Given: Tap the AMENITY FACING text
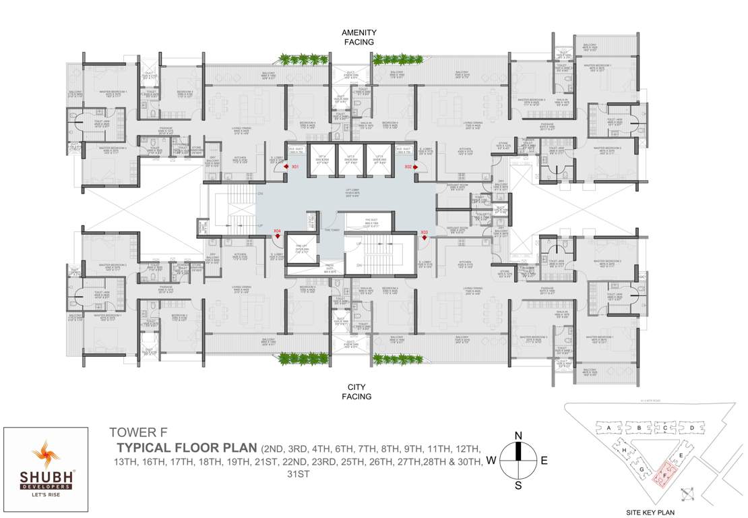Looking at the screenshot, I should (x=359, y=37).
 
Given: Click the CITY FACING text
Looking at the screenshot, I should (x=359, y=392).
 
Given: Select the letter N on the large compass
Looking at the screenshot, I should (x=518, y=436).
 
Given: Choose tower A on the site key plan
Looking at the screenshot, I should (x=608, y=428).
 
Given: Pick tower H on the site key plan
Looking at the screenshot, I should (x=625, y=450).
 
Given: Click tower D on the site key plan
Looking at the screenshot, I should (x=691, y=428).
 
